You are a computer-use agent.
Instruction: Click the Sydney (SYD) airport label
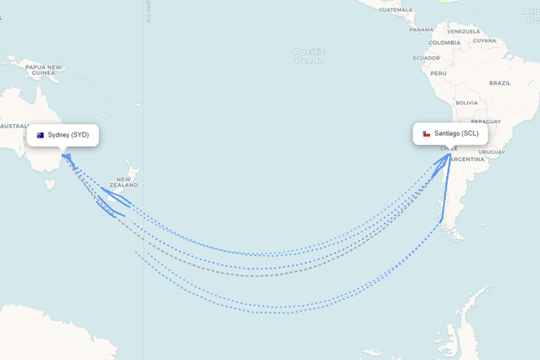click(x=68, y=135)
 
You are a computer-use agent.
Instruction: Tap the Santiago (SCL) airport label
click(x=456, y=133)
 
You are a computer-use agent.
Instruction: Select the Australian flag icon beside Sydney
click(x=40, y=135)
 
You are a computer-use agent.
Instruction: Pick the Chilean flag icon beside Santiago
click(x=426, y=133)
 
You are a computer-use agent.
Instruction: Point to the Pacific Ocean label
click(x=309, y=56)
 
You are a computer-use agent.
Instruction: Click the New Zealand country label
click(x=123, y=182)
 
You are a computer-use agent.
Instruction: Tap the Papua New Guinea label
click(x=44, y=70)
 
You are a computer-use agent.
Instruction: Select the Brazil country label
click(x=500, y=83)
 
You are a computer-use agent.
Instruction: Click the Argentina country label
click(x=467, y=159)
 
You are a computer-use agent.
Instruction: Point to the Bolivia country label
click(x=466, y=102)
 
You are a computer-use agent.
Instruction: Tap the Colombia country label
click(x=444, y=43)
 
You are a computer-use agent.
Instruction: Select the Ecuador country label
click(x=426, y=58)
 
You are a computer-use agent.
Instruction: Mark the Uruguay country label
click(x=491, y=152)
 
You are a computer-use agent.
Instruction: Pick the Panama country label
click(x=422, y=29)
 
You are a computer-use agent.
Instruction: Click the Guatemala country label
click(x=395, y=9)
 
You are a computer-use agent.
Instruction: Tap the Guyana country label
click(x=485, y=40)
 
